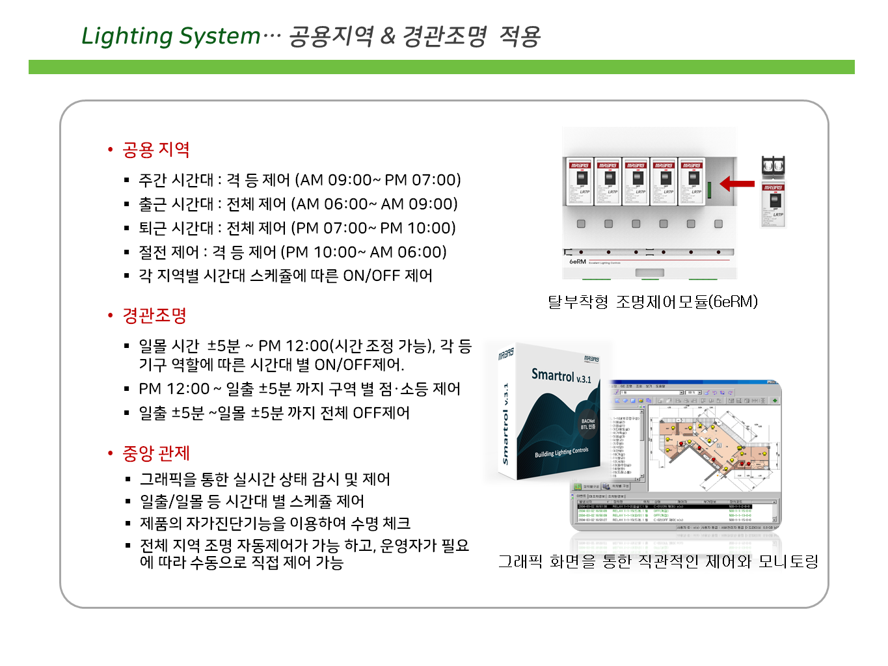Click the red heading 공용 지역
click(155, 150)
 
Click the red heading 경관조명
click(154, 316)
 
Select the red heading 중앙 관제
click(155, 453)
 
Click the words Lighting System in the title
click(170, 36)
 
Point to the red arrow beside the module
click(737, 183)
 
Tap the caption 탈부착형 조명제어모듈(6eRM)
click(653, 302)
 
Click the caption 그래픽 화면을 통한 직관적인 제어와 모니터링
click(658, 561)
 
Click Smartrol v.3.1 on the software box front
click(561, 376)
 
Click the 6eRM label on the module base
click(578, 261)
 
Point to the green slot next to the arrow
click(709, 190)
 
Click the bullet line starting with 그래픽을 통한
click(265, 480)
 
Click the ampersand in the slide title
click(388, 36)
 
